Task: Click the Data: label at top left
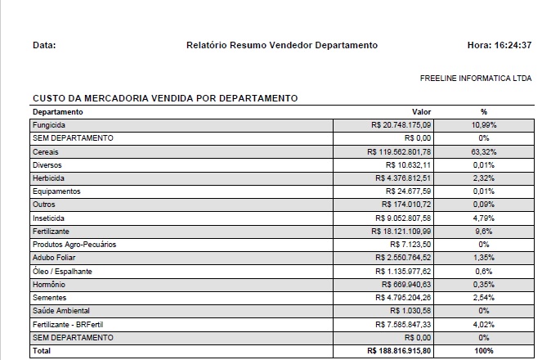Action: click(44, 45)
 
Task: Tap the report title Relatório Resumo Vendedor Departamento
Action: click(282, 45)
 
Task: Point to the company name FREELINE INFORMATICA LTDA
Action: click(476, 79)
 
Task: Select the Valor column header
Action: click(421, 111)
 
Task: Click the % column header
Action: click(484, 111)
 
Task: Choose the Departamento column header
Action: click(58, 111)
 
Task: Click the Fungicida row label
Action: click(49, 124)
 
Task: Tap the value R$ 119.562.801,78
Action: click(400, 151)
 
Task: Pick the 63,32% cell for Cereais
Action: click(484, 151)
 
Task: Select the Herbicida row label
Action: click(48, 178)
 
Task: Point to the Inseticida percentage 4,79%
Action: click(484, 218)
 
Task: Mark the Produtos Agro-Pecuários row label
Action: click(74, 244)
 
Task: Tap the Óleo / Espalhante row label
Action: click(62, 271)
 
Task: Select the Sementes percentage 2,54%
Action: click(484, 297)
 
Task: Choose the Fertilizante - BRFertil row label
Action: click(69, 324)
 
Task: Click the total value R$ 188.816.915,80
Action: click(399, 351)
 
